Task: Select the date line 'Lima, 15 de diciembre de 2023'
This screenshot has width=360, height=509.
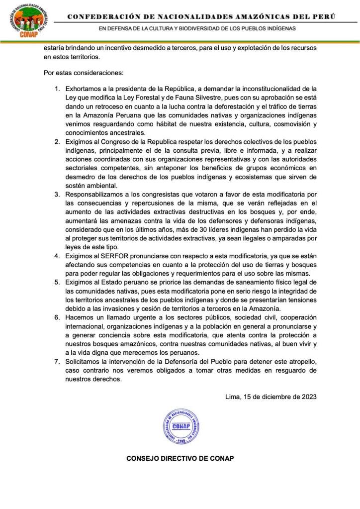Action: [270, 397]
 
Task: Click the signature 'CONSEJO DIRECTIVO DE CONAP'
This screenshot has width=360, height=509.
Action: [180, 458]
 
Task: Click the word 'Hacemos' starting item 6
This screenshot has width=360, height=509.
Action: [80, 317]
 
